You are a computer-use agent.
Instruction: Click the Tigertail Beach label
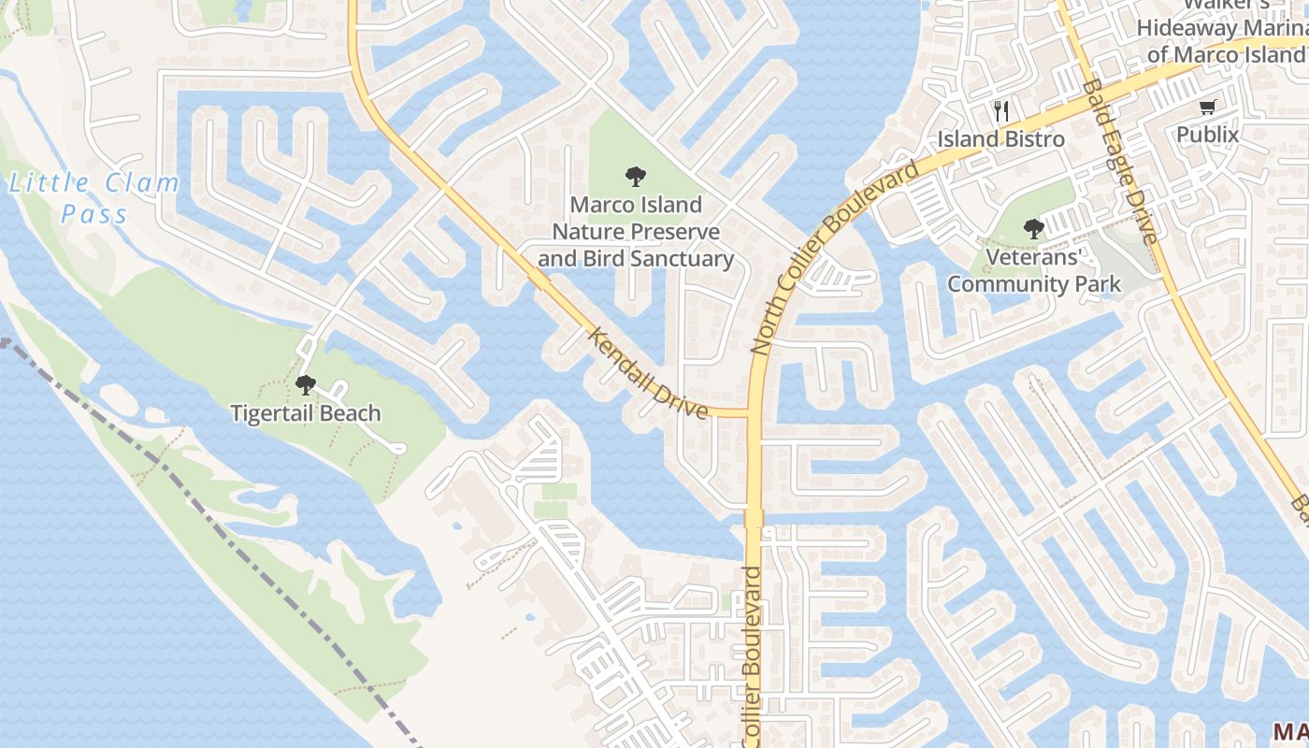point(306,413)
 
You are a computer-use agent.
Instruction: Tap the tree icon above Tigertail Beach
point(305,384)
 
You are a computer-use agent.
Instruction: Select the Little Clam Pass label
point(93,198)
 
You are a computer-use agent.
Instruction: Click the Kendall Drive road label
point(648,373)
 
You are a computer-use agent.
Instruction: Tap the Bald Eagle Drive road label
point(1121,160)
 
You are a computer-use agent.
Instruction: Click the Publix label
point(1207,135)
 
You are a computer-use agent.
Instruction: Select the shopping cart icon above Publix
point(1207,108)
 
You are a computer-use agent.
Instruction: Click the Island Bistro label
point(1001,139)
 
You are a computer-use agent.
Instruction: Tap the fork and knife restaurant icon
point(1001,111)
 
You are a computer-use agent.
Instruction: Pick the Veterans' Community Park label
point(1034,270)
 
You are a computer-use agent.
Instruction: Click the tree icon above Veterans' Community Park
point(1033,228)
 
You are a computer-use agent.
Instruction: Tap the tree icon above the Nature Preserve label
point(636,175)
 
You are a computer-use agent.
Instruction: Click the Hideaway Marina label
point(1222,29)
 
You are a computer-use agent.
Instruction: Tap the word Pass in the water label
point(93,214)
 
